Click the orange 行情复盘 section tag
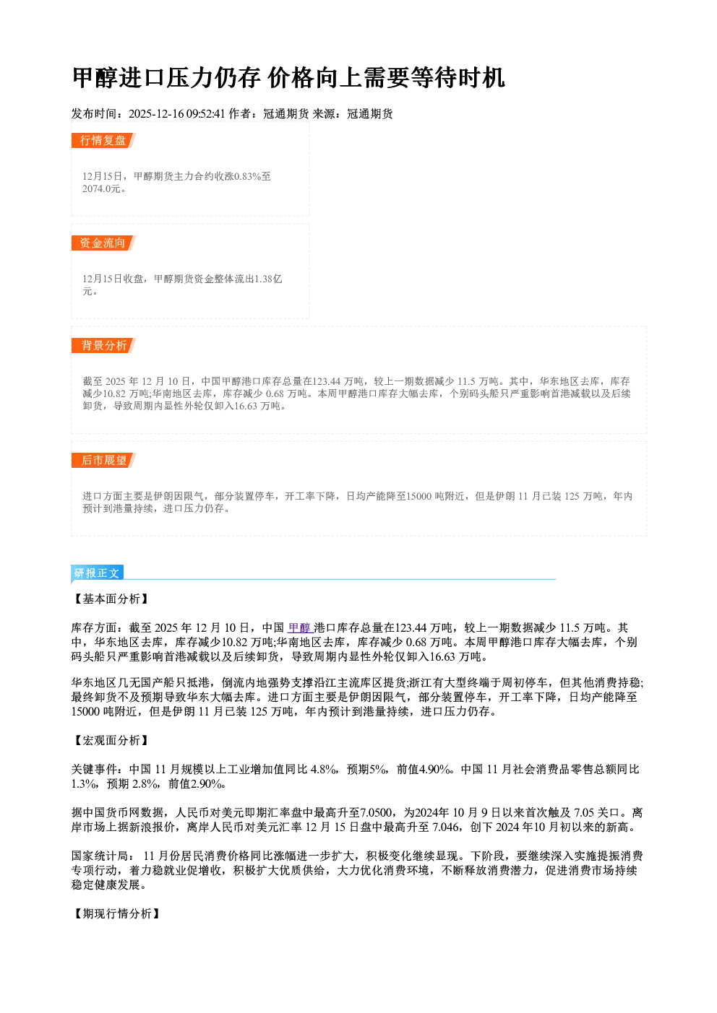pos(103,140)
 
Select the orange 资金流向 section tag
pos(103,243)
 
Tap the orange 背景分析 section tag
pos(103,346)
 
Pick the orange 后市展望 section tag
pos(103,461)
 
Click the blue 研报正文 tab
pos(97,573)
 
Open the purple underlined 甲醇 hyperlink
pos(299,627)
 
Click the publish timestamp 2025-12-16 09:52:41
pos(177,113)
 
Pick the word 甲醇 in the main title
pos(95,78)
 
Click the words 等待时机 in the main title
pos(458,78)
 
